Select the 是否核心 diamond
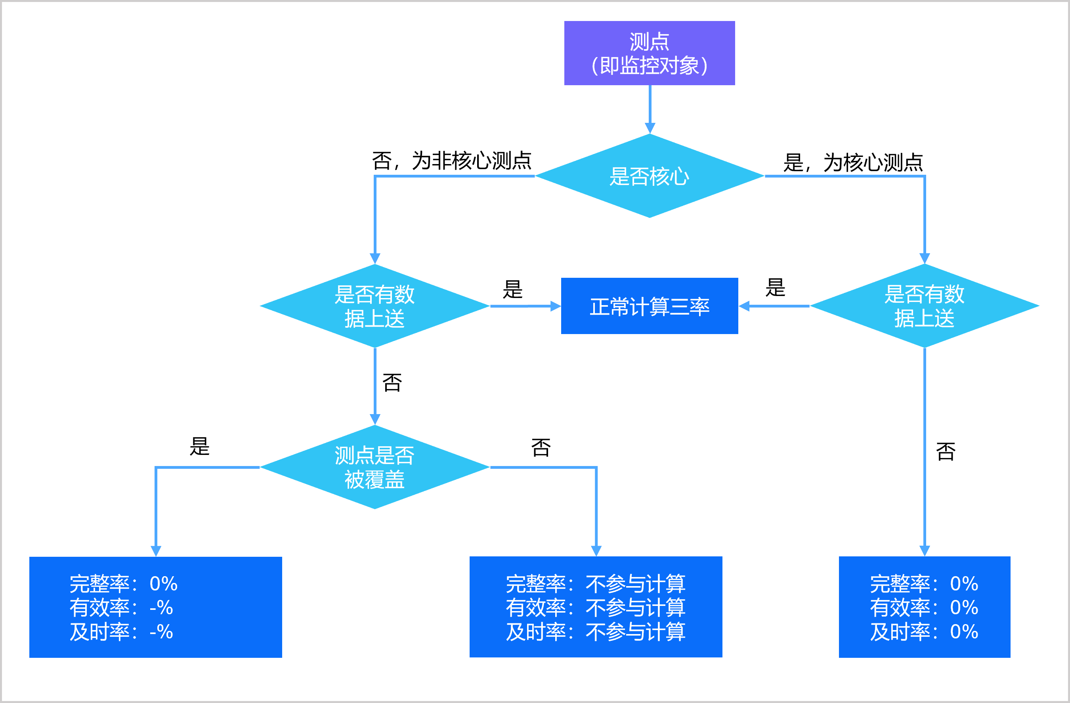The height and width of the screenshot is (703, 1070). (649, 176)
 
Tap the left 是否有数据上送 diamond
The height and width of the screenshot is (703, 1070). (374, 306)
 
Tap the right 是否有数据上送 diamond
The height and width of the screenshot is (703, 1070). (924, 306)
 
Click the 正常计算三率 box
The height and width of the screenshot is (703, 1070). (649, 306)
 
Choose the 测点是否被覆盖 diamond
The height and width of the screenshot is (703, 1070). (374, 467)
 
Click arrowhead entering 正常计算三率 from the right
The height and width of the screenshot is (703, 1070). (744, 306)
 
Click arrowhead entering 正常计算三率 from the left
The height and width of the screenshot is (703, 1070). (556, 306)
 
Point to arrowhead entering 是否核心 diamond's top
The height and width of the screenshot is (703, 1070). (650, 128)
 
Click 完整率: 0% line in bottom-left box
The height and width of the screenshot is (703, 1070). (123, 583)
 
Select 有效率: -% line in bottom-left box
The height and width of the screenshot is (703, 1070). (121, 608)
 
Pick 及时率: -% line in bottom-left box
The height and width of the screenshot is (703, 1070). (121, 632)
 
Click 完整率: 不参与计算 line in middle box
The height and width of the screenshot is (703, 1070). (595, 583)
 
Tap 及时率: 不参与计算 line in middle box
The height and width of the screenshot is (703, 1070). (595, 632)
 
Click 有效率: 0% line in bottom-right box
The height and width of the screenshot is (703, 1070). (924, 608)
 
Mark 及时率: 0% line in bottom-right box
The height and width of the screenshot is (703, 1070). (924, 632)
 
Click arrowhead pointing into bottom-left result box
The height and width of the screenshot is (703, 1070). (156, 551)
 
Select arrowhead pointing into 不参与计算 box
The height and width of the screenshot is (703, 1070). (596, 551)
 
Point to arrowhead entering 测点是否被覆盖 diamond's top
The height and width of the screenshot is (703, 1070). (374, 419)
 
